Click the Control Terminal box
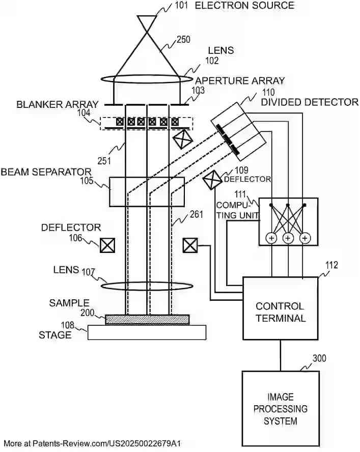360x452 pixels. [x=280, y=308]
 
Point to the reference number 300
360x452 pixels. [x=319, y=358]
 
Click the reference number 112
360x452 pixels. [x=331, y=265]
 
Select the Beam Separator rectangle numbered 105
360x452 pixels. [x=147, y=191]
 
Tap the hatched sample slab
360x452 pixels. [x=147, y=319]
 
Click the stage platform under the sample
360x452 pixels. [x=147, y=332]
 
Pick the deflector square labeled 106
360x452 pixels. [x=107, y=246]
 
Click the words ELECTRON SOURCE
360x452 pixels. [x=244, y=6]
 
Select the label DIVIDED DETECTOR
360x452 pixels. [x=309, y=102]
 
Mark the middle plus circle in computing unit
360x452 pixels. [x=288, y=238]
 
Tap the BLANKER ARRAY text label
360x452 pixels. [x=58, y=105]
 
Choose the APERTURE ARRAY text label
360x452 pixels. [x=240, y=81]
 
